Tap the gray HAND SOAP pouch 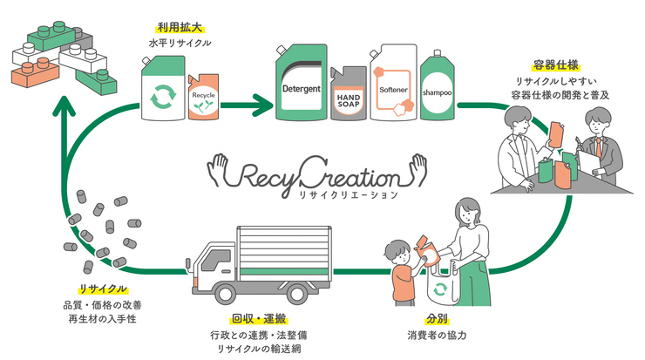pos(349,94)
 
